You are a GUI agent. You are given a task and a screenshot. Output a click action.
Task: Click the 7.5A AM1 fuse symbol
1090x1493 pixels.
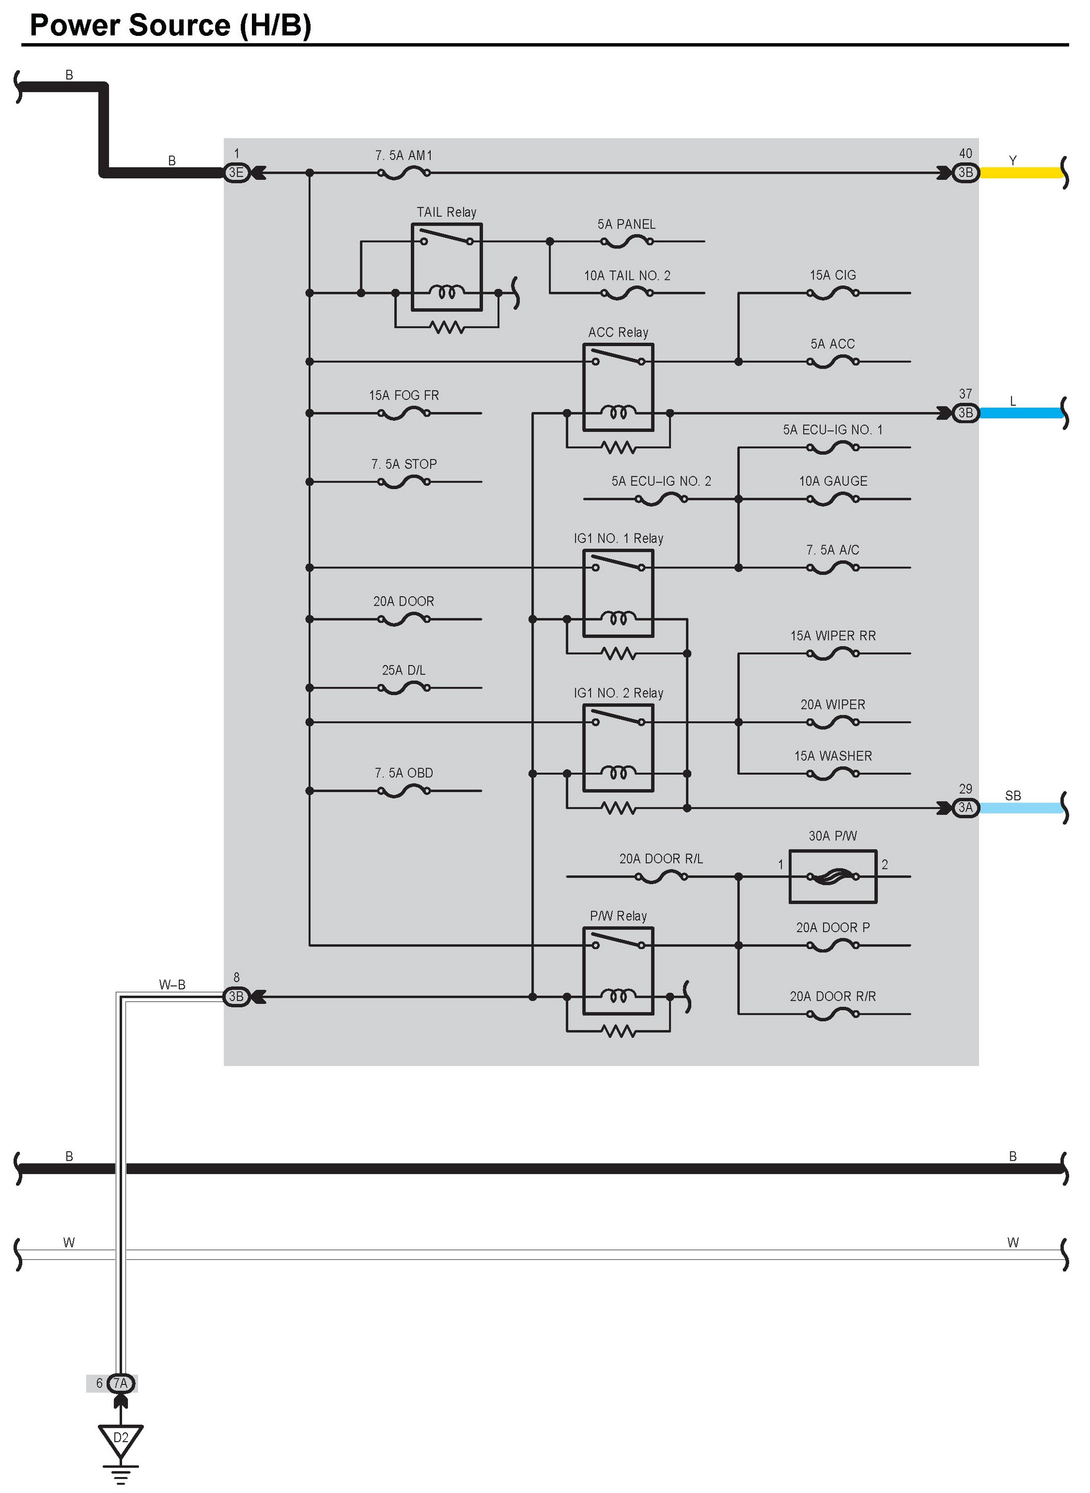[x=404, y=173]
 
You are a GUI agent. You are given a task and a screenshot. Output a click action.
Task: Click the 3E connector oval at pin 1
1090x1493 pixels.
[x=236, y=173]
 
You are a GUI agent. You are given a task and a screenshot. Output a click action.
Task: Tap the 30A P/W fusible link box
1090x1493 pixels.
[x=833, y=877]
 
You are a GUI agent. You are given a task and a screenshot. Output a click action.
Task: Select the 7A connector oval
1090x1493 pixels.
[x=121, y=1383]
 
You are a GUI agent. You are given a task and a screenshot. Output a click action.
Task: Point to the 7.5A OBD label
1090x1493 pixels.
[x=404, y=773]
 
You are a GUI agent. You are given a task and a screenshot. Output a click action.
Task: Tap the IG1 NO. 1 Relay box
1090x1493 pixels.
[x=618, y=593]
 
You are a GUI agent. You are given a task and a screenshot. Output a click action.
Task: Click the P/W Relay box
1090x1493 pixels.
[x=618, y=970]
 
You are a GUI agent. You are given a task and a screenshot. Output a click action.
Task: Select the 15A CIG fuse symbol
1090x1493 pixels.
[x=833, y=293]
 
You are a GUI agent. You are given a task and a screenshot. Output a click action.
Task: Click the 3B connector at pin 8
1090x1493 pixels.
[x=236, y=997]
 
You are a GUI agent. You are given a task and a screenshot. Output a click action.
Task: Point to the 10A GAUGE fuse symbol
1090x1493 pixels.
[x=833, y=500]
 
